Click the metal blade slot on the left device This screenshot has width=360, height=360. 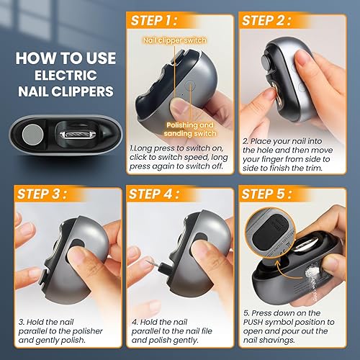coord(76,135)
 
